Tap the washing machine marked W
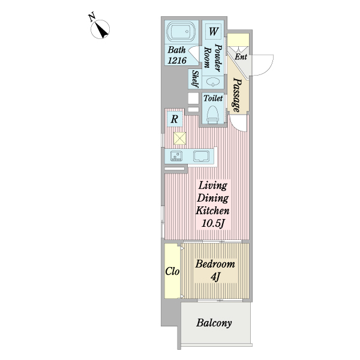(213, 31)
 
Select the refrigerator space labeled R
(175, 119)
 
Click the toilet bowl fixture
(212, 115)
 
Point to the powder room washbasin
(212, 82)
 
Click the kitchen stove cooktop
(176, 156)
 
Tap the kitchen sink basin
(201, 156)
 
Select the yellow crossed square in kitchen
(180, 138)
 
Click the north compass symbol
(100, 29)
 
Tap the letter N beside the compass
(92, 17)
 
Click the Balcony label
(214, 323)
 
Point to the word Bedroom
(215, 264)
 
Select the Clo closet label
(172, 271)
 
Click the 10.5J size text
(212, 223)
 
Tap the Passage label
(237, 95)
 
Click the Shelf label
(196, 79)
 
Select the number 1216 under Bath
(177, 61)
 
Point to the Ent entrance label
(241, 56)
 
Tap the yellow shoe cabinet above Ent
(238, 39)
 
